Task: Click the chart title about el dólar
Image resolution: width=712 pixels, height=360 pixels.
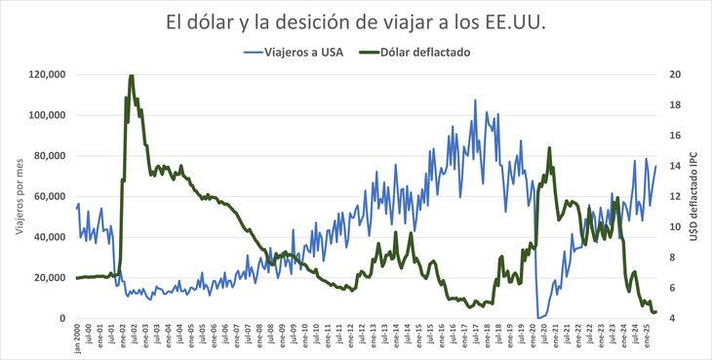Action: point(356,21)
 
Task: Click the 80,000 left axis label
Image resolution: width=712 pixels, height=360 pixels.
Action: point(49,156)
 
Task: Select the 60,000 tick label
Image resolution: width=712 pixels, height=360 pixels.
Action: point(49,196)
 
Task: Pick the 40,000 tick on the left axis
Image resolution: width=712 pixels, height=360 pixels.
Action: point(49,237)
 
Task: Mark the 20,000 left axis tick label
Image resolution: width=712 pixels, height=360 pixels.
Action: point(49,278)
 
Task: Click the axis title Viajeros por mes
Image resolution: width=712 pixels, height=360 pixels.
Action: point(18,195)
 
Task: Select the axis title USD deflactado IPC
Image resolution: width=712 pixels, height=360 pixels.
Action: point(694,195)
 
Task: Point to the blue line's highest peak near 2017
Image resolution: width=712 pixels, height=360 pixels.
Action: point(476,100)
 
